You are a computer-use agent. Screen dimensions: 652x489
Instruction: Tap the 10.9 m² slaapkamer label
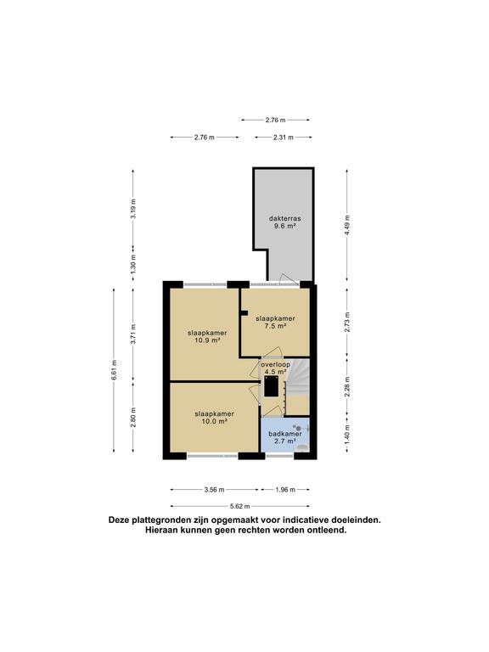pyautogui.click(x=204, y=337)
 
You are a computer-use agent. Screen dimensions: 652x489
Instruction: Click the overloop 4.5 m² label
pyautogui.click(x=275, y=368)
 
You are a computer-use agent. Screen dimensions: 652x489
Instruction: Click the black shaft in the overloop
pyautogui.click(x=272, y=387)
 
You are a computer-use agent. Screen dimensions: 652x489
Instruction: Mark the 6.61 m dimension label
pyautogui.click(x=115, y=371)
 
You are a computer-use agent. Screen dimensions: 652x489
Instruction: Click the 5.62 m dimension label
pyautogui.click(x=239, y=505)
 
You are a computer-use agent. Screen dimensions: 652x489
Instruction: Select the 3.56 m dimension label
pyautogui.click(x=214, y=490)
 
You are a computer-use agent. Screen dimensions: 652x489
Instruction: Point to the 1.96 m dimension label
pyautogui.click(x=284, y=490)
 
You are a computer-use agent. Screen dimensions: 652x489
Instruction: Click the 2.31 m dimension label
pyautogui.click(x=284, y=137)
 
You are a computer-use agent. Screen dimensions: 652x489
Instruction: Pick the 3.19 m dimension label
pyautogui.click(x=133, y=209)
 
